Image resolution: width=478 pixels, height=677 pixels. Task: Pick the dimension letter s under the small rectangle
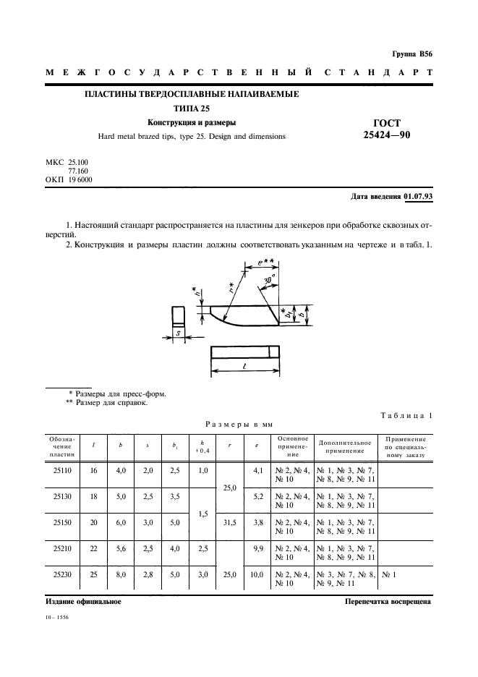pyautogui.click(x=178, y=333)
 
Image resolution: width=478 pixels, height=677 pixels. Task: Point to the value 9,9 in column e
pyautogui.click(x=256, y=548)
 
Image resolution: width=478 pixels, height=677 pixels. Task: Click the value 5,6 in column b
pyautogui.click(x=121, y=548)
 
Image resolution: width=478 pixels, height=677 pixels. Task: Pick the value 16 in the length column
pyautogui.click(x=93, y=470)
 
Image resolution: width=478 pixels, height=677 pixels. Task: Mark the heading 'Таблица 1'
pyautogui.click(x=406, y=414)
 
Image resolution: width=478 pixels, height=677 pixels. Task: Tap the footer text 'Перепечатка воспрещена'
pyautogui.click(x=388, y=601)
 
